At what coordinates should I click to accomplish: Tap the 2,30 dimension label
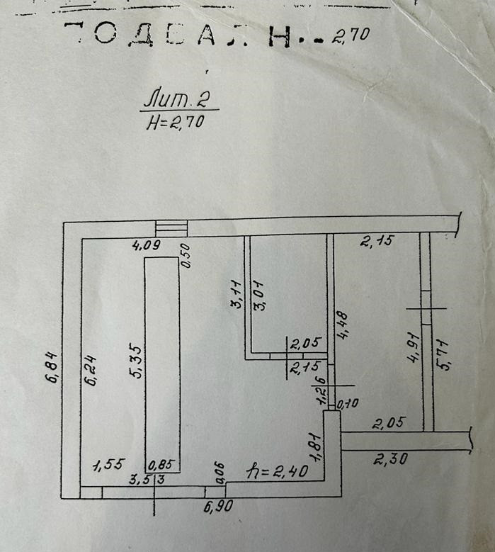coord(389,459)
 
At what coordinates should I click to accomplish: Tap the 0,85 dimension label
coord(162,466)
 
